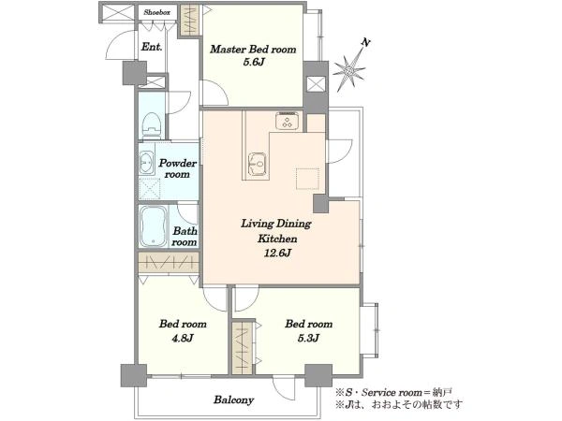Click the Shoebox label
point(157,12)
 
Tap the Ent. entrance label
point(152,47)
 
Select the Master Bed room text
point(253,49)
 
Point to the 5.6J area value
point(254,63)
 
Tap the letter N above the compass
point(365,43)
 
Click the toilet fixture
point(151,124)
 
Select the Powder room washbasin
point(146,163)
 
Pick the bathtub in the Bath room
point(153,226)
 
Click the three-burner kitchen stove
point(288,121)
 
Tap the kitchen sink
point(258,165)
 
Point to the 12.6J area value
point(277,254)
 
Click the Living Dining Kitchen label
point(276,231)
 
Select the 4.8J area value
point(183,338)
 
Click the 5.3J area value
point(308,338)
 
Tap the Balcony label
point(233,399)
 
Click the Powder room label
point(177,168)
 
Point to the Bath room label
point(185,237)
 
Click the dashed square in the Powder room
point(150,189)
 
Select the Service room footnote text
point(393,393)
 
